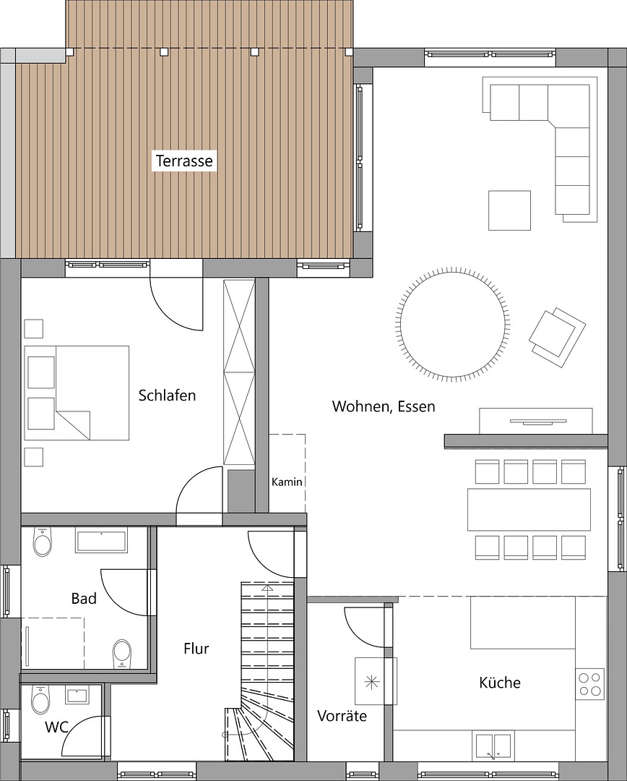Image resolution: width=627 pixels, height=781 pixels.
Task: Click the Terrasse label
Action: pos(184,161)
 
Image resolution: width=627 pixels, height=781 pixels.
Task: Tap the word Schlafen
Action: pos(167,396)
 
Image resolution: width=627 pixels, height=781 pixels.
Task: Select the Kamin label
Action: pos(287,482)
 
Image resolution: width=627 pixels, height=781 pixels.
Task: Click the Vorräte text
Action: pos(342,716)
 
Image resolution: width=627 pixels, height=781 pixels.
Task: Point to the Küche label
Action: pos(500,683)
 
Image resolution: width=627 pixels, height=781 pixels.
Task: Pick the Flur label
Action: pos(196,649)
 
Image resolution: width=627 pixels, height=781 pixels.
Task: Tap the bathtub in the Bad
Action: pos(102,541)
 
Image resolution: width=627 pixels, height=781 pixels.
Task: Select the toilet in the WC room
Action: pos(40,699)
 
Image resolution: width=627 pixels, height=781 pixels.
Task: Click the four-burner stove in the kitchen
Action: pos(589,684)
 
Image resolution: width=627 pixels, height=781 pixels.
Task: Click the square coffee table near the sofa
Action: pos(509,210)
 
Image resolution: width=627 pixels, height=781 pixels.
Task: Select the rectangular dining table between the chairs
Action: pos(529,509)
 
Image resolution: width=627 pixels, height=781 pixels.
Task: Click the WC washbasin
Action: pos(77,696)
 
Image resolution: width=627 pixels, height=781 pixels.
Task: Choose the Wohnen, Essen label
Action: pos(384,406)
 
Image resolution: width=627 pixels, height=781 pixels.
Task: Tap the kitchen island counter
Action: pos(523,622)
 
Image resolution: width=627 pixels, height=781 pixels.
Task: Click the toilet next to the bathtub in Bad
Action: pos(43,542)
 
